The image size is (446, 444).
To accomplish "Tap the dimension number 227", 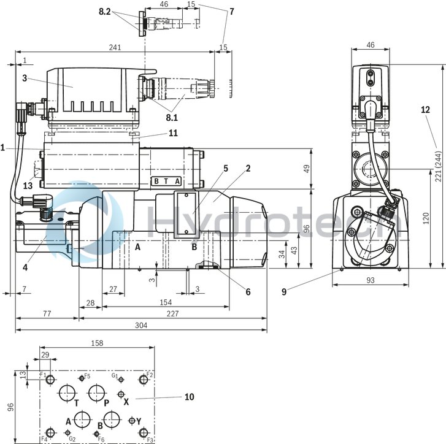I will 172,313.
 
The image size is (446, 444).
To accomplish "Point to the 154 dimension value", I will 165,302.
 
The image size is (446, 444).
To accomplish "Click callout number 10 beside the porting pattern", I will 189,397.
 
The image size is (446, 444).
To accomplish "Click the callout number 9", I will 283,292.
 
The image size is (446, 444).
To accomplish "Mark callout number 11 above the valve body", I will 173,132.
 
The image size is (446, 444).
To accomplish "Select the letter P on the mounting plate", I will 106,403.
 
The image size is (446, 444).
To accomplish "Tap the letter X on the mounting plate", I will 126,402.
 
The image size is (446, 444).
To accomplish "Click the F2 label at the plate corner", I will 150,374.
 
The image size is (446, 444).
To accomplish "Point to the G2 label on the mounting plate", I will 72,438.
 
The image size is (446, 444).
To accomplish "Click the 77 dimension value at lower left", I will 47,313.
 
